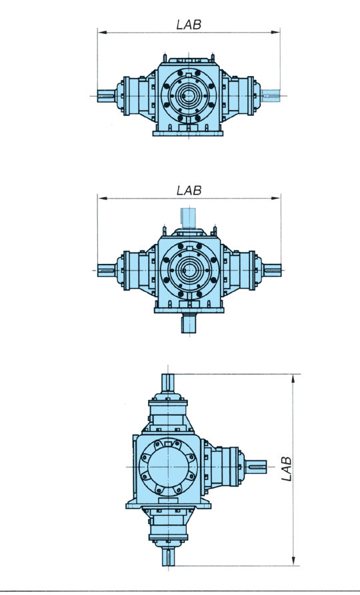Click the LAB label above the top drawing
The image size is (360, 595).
click(x=189, y=25)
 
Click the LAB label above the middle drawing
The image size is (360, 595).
click(x=189, y=191)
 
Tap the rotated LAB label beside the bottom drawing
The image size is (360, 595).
click(x=287, y=469)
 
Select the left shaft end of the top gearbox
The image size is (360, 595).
click(x=106, y=96)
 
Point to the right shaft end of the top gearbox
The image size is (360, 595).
click(x=271, y=96)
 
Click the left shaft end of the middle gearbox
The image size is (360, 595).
click(x=106, y=270)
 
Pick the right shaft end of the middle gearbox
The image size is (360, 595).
click(x=272, y=270)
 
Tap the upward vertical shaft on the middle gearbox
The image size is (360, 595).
click(x=188, y=218)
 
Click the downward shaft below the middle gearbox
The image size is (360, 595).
click(x=189, y=324)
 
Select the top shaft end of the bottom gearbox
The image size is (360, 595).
click(x=168, y=383)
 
